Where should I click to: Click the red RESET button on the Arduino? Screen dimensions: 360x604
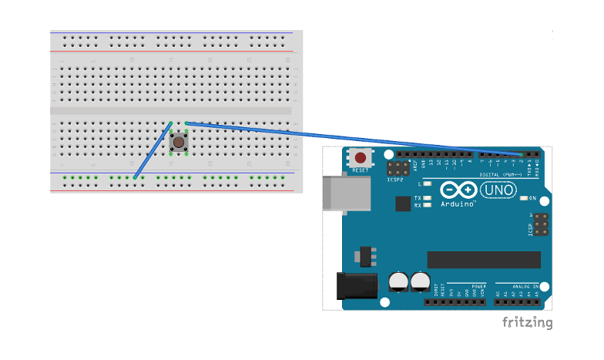(x=361, y=159)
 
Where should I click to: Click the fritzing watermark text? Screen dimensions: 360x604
(x=527, y=322)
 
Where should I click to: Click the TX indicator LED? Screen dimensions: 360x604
(x=426, y=197)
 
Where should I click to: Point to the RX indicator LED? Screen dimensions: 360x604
(x=426, y=205)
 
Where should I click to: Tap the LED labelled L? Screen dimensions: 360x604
(x=426, y=184)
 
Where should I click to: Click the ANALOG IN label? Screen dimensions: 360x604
(x=522, y=286)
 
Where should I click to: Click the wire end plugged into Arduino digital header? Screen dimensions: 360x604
(x=522, y=155)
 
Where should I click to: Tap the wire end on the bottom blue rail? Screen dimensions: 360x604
(x=135, y=178)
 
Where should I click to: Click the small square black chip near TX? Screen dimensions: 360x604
(x=402, y=203)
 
